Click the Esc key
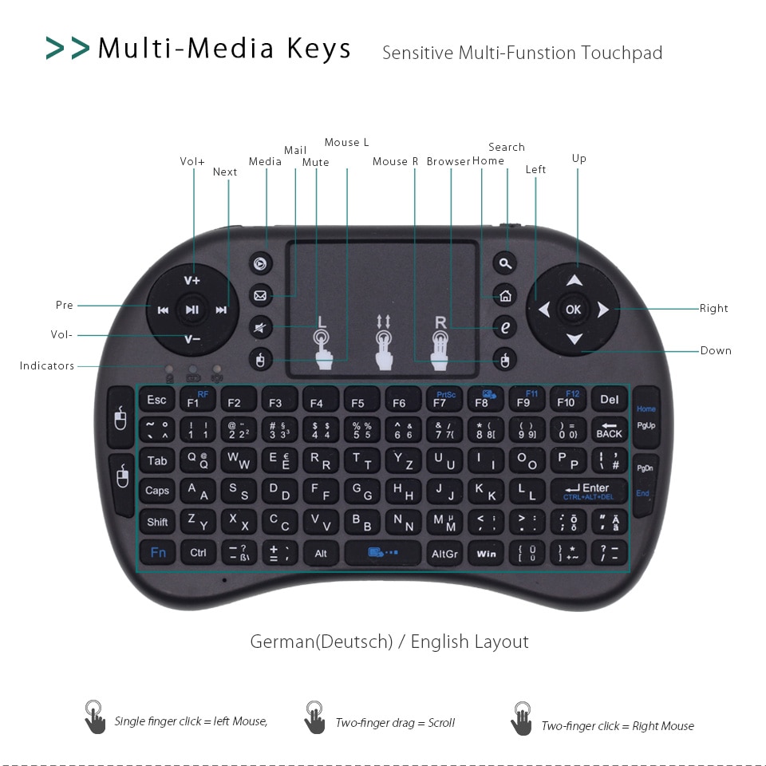pos(157,400)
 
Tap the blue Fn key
pos(158,552)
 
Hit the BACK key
pos(609,430)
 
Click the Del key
pos(609,400)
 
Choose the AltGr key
pos(444,552)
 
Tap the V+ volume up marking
pos(192,280)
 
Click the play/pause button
pos(192,310)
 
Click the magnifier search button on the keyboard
pos(504,263)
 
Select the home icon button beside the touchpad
pos(504,295)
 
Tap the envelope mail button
pos(260,295)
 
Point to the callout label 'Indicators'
pos(47,366)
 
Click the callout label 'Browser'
pos(448,161)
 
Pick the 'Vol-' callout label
pos(61,335)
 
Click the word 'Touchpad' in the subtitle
pos(622,53)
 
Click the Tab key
pos(157,460)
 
